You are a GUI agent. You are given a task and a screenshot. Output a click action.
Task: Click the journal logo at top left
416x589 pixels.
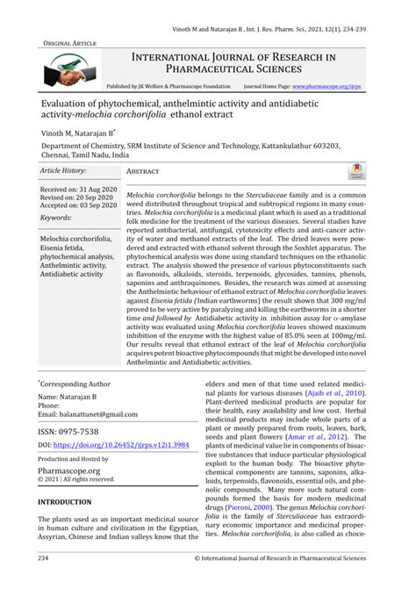70,68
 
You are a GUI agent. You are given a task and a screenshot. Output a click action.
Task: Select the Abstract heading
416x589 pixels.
142,172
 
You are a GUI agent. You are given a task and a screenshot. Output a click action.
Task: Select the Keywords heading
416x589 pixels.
56,217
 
